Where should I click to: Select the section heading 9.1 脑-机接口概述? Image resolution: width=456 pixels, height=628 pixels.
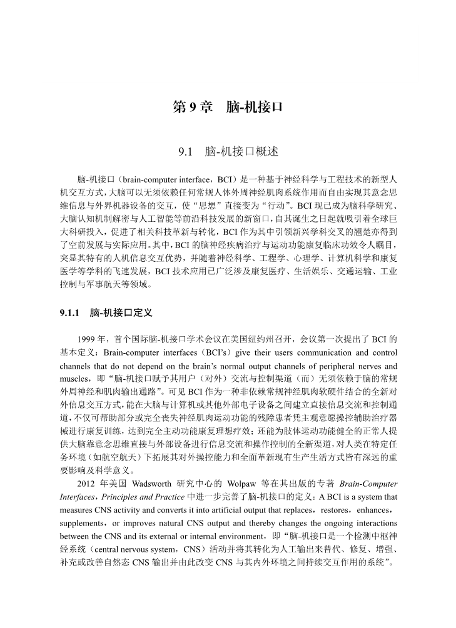point(228,152)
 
